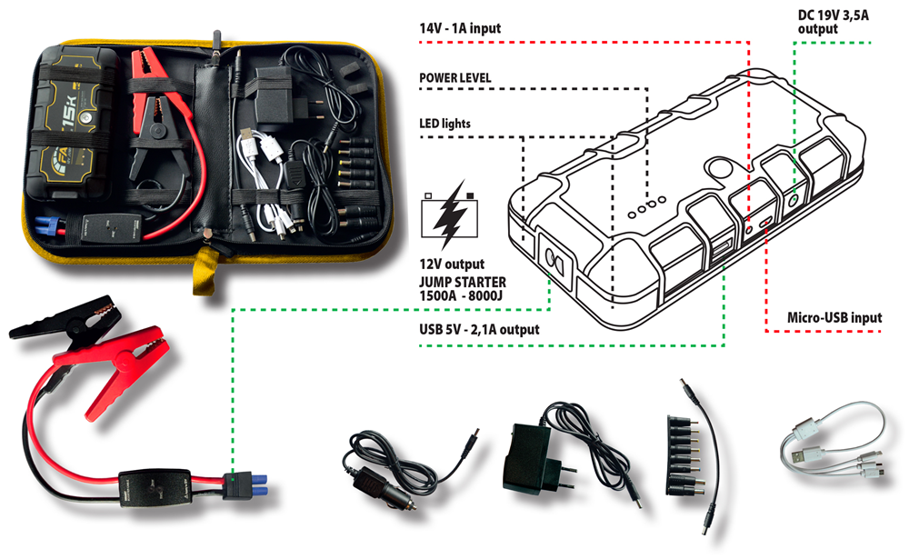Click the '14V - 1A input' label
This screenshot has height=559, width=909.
(460, 28)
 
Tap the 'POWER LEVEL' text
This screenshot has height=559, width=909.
(455, 77)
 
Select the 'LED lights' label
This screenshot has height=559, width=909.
(445, 124)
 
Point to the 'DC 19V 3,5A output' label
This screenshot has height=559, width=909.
(833, 22)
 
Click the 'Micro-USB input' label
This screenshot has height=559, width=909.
(834, 318)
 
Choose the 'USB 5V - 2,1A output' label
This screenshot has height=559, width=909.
(479, 329)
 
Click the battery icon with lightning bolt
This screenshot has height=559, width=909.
(450, 215)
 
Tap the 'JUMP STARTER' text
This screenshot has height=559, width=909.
(463, 283)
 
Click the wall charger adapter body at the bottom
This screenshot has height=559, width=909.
(525, 459)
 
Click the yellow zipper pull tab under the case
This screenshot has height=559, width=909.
(204, 272)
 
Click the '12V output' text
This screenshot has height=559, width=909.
(452, 265)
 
